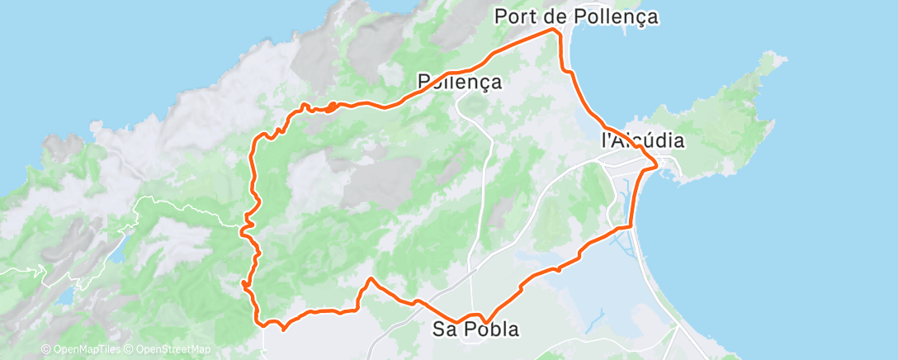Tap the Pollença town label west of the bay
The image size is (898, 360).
(460, 82)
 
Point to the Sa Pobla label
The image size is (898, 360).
(476, 329)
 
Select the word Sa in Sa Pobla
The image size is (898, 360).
(444, 329)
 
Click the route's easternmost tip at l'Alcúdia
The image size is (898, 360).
(657, 165)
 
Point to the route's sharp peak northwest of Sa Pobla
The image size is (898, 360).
(371, 279)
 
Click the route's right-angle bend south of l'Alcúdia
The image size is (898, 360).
(630, 225)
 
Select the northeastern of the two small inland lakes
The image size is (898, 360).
(117, 252)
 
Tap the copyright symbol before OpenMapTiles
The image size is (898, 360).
(45, 350)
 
